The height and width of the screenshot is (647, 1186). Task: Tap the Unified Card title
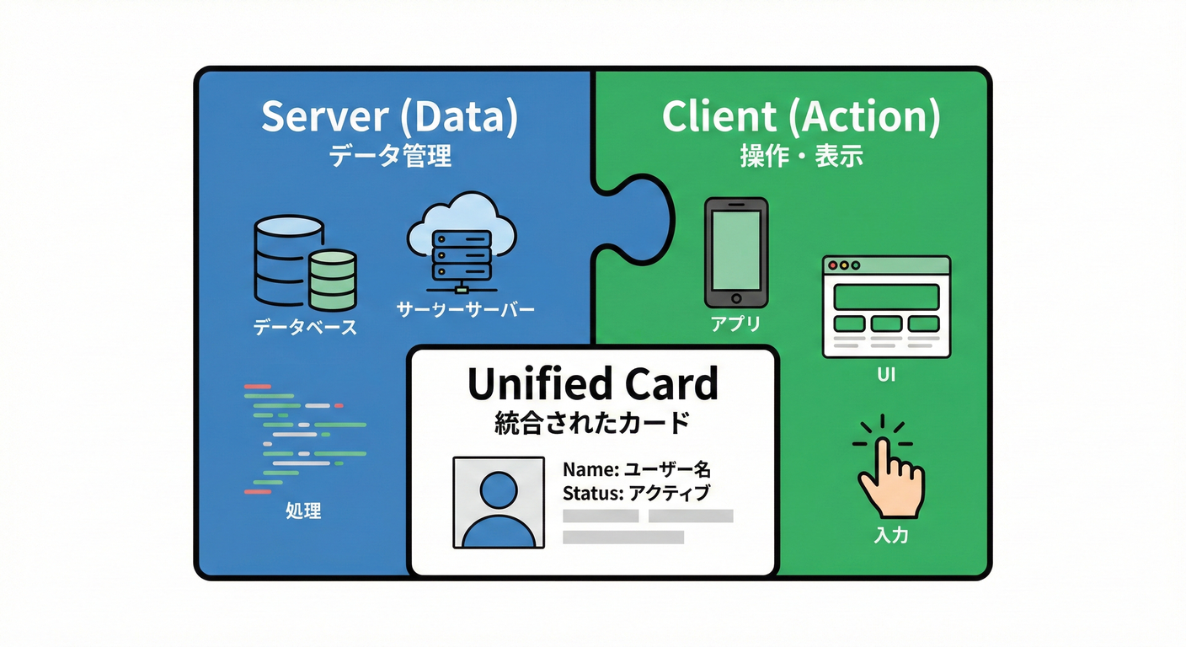pyautogui.click(x=592, y=383)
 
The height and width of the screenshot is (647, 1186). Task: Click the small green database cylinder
pyautogui.click(x=332, y=280)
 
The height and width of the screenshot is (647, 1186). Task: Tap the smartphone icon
pyautogui.click(x=736, y=252)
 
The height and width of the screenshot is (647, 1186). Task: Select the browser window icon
pyautogui.click(x=885, y=307)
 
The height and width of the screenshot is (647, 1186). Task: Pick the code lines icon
pyautogui.click(x=303, y=438)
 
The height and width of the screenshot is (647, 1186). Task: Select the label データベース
pyautogui.click(x=305, y=328)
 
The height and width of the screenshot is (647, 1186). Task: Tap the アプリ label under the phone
pyautogui.click(x=735, y=324)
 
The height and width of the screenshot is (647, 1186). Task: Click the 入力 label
pyautogui.click(x=890, y=535)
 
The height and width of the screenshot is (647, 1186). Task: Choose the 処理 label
pyautogui.click(x=303, y=511)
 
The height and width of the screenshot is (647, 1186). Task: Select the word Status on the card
pyautogui.click(x=590, y=493)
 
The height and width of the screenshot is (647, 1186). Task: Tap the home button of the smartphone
pyautogui.click(x=736, y=297)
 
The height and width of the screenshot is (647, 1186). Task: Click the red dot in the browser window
pyautogui.click(x=834, y=265)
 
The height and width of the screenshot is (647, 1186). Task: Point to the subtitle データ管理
pyautogui.click(x=389, y=156)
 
